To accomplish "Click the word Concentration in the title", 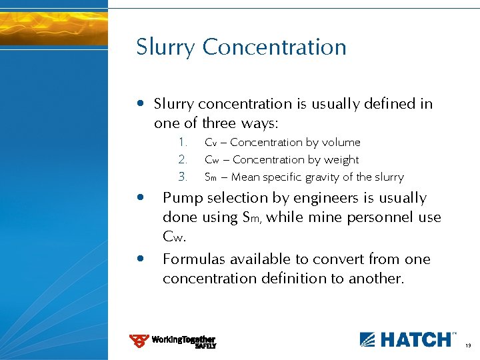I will (x=274, y=47).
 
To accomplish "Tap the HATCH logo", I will (x=407, y=339).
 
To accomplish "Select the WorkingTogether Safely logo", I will (x=173, y=341).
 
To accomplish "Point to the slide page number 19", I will (x=468, y=345).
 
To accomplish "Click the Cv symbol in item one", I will (x=211, y=143).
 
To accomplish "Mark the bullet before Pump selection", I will (x=139, y=198).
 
